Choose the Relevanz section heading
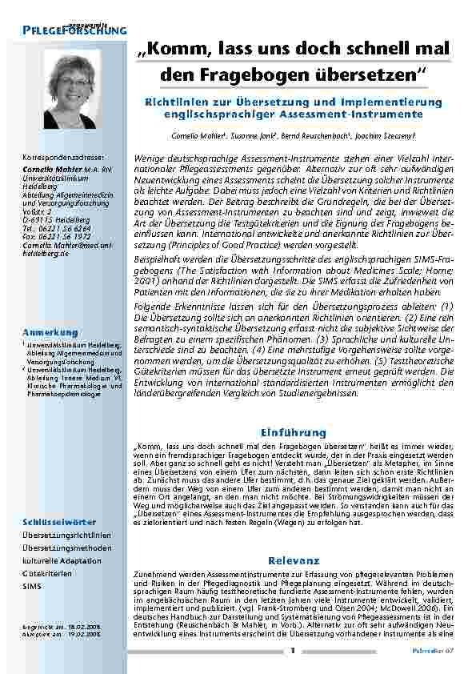coord(294,560)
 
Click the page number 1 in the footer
coord(294,650)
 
